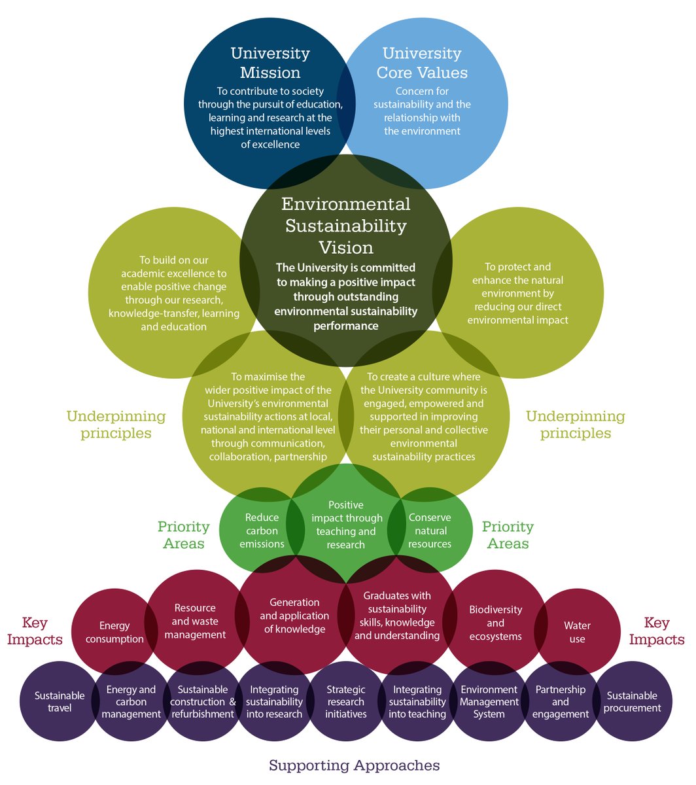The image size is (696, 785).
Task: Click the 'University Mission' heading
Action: pyautogui.click(x=270, y=62)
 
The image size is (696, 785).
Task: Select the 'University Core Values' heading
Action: pyautogui.click(x=422, y=62)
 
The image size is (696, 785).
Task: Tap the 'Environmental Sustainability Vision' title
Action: pyautogui.click(x=346, y=226)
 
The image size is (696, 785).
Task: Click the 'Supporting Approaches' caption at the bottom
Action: pyautogui.click(x=354, y=765)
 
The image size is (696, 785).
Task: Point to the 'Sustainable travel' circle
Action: pyautogui.click(x=60, y=702)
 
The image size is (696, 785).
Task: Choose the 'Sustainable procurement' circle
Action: pyautogui.click(x=632, y=701)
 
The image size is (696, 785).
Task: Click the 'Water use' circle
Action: pyautogui.click(x=577, y=632)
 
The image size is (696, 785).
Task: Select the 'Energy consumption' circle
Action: pyautogui.click(x=114, y=633)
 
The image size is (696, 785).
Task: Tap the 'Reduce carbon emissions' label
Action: pyautogui.click(x=262, y=531)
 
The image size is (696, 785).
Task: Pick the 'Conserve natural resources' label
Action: pyautogui.click(x=430, y=531)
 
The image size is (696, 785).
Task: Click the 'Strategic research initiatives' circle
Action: pyautogui.click(x=346, y=702)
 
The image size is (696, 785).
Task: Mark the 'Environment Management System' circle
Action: pyautogui.click(x=489, y=702)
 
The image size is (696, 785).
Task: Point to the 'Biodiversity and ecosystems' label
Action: pyautogui.click(x=496, y=623)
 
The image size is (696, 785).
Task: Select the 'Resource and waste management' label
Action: pyautogui.click(x=195, y=621)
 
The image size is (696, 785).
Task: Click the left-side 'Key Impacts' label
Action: pyautogui.click(x=35, y=631)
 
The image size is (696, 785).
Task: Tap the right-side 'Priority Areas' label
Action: pyautogui.click(x=508, y=535)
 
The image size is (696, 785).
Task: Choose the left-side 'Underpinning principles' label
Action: pyautogui.click(x=116, y=425)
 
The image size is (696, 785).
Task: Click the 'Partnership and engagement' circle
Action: pyautogui.click(x=560, y=702)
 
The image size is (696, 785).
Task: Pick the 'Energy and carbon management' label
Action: pyautogui.click(x=131, y=702)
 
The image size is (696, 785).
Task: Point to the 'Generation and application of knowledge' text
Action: pyautogui.click(x=294, y=616)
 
